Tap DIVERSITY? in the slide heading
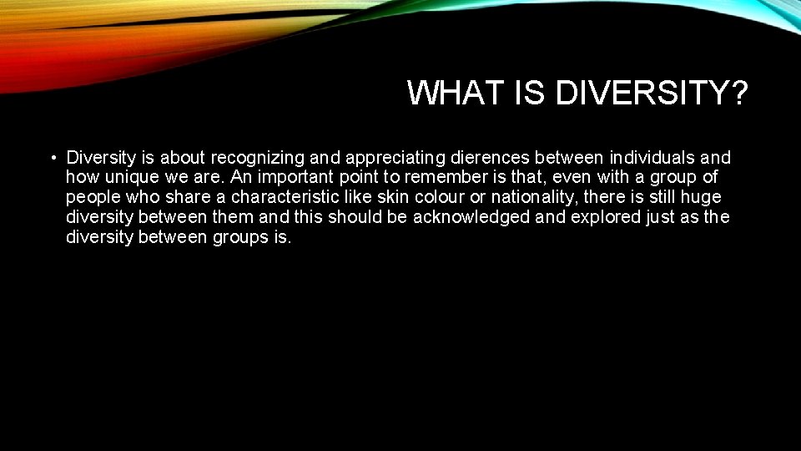coord(651,93)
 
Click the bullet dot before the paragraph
coord(52,158)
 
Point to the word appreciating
coord(392,158)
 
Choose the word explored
coord(604,218)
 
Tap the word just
coord(661,218)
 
